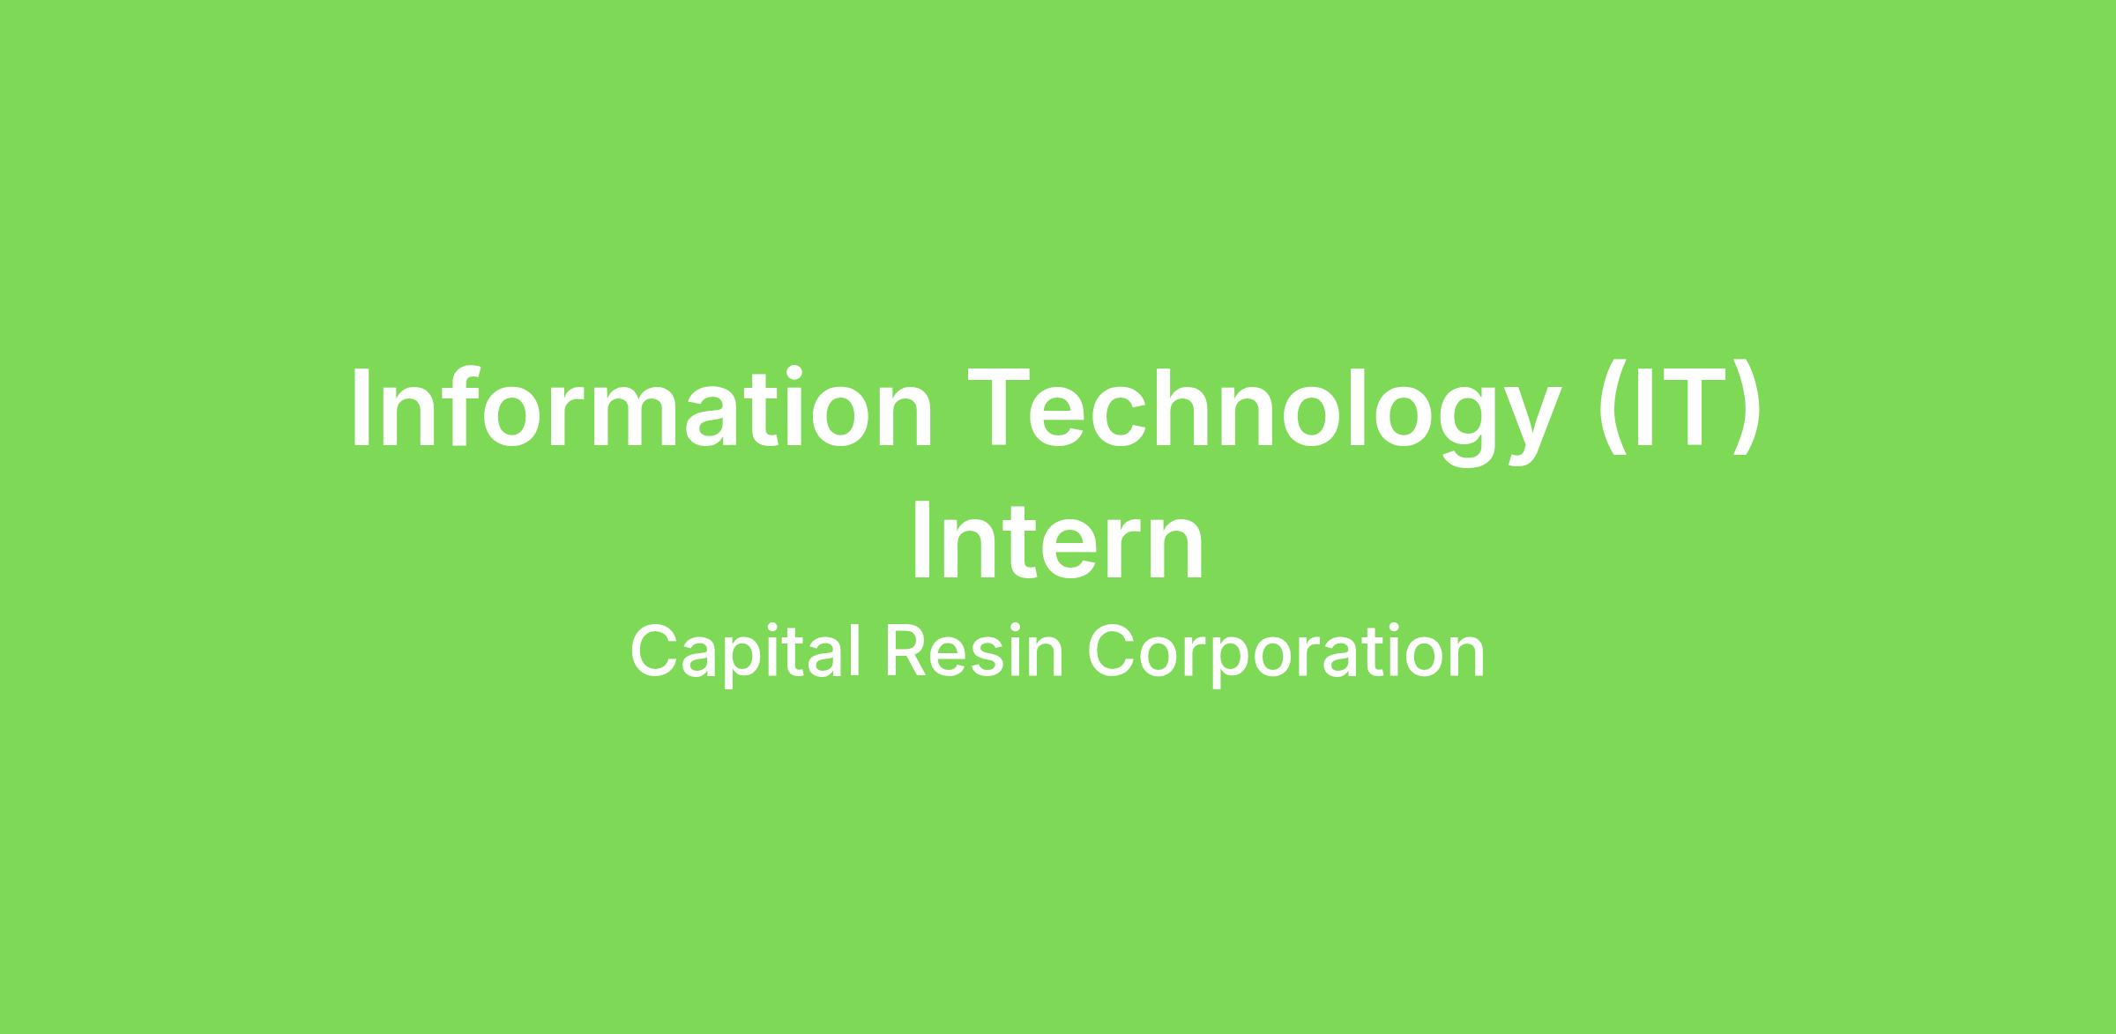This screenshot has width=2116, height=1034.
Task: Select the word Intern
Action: [1057, 540]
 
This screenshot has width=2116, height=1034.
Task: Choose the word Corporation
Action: [1285, 653]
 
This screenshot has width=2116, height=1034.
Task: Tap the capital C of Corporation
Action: [1111, 651]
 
